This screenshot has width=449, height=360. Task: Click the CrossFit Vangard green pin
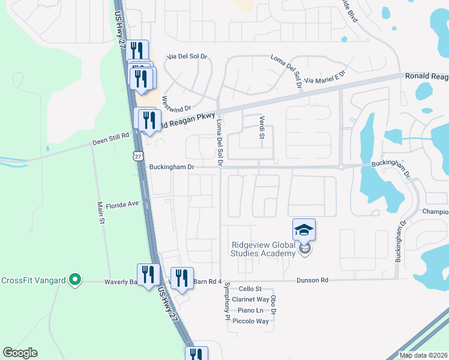pyautogui.click(x=74, y=279)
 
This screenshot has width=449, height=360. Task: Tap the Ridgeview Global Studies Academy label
pyautogui.click(x=264, y=249)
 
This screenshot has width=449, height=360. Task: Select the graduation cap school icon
pyautogui.click(x=304, y=229)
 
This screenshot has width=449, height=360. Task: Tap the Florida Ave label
pyautogui.click(x=122, y=205)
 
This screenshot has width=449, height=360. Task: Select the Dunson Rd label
pyautogui.click(x=312, y=280)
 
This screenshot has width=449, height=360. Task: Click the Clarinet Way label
pyautogui.click(x=250, y=299)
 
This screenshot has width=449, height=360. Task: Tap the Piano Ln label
pyautogui.click(x=250, y=310)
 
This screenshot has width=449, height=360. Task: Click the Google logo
pyautogui.click(x=20, y=353)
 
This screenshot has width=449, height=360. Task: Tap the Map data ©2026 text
pyautogui.click(x=423, y=355)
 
